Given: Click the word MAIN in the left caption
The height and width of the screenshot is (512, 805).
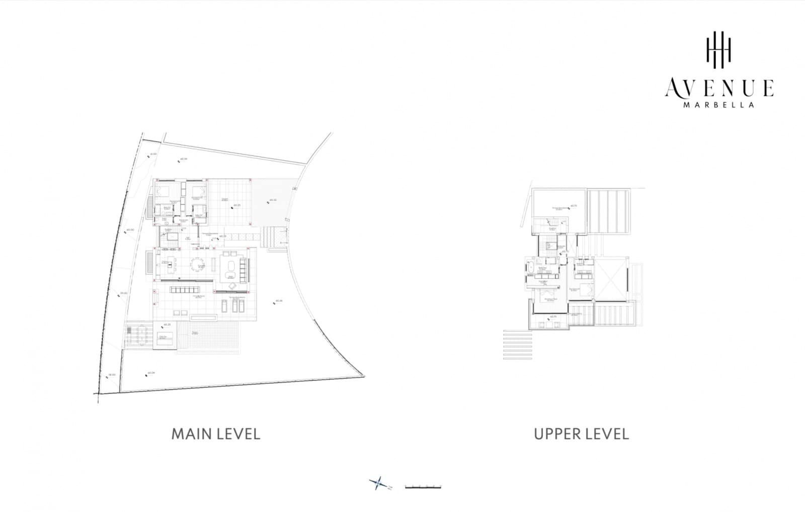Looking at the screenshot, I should click(x=188, y=434).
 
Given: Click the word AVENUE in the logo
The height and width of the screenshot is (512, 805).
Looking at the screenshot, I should click(x=719, y=88).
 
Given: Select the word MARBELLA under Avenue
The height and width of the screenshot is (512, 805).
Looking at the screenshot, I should click(x=719, y=105).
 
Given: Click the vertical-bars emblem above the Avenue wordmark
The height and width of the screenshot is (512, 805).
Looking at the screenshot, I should click(x=718, y=49).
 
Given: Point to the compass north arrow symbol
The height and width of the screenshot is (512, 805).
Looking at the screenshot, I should click(x=378, y=484).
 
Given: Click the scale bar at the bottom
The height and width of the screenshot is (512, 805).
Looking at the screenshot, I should click(x=423, y=486).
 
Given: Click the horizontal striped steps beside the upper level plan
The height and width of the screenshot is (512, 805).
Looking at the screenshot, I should click(x=517, y=344).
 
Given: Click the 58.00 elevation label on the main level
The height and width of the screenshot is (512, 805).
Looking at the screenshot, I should click(x=112, y=375).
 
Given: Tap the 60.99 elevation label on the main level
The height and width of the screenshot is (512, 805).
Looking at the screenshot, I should click(x=183, y=159).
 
